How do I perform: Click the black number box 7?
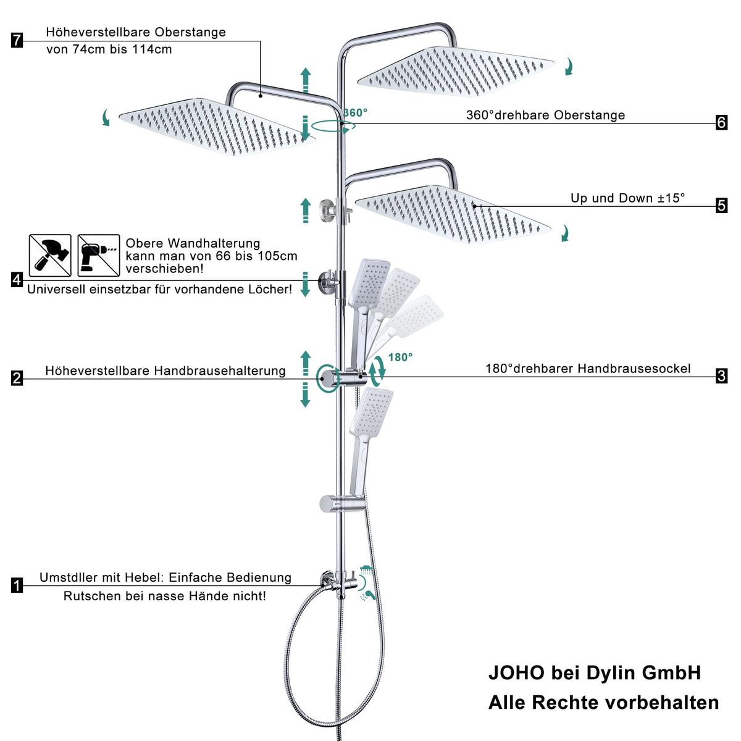(x=17, y=40)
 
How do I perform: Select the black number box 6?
(x=721, y=123)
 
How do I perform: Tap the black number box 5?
(x=721, y=206)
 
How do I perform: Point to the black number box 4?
(x=17, y=280)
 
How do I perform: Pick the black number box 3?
(x=721, y=376)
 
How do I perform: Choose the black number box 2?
(x=17, y=378)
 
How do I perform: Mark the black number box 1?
(x=17, y=585)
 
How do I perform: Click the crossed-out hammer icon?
(x=50, y=255)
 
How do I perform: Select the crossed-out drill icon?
(x=98, y=255)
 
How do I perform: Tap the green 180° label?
(x=400, y=358)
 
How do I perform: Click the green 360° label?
(x=356, y=112)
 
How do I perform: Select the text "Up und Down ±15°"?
(x=627, y=198)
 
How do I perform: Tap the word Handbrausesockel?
(x=634, y=369)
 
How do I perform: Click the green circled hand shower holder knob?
(x=328, y=379)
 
